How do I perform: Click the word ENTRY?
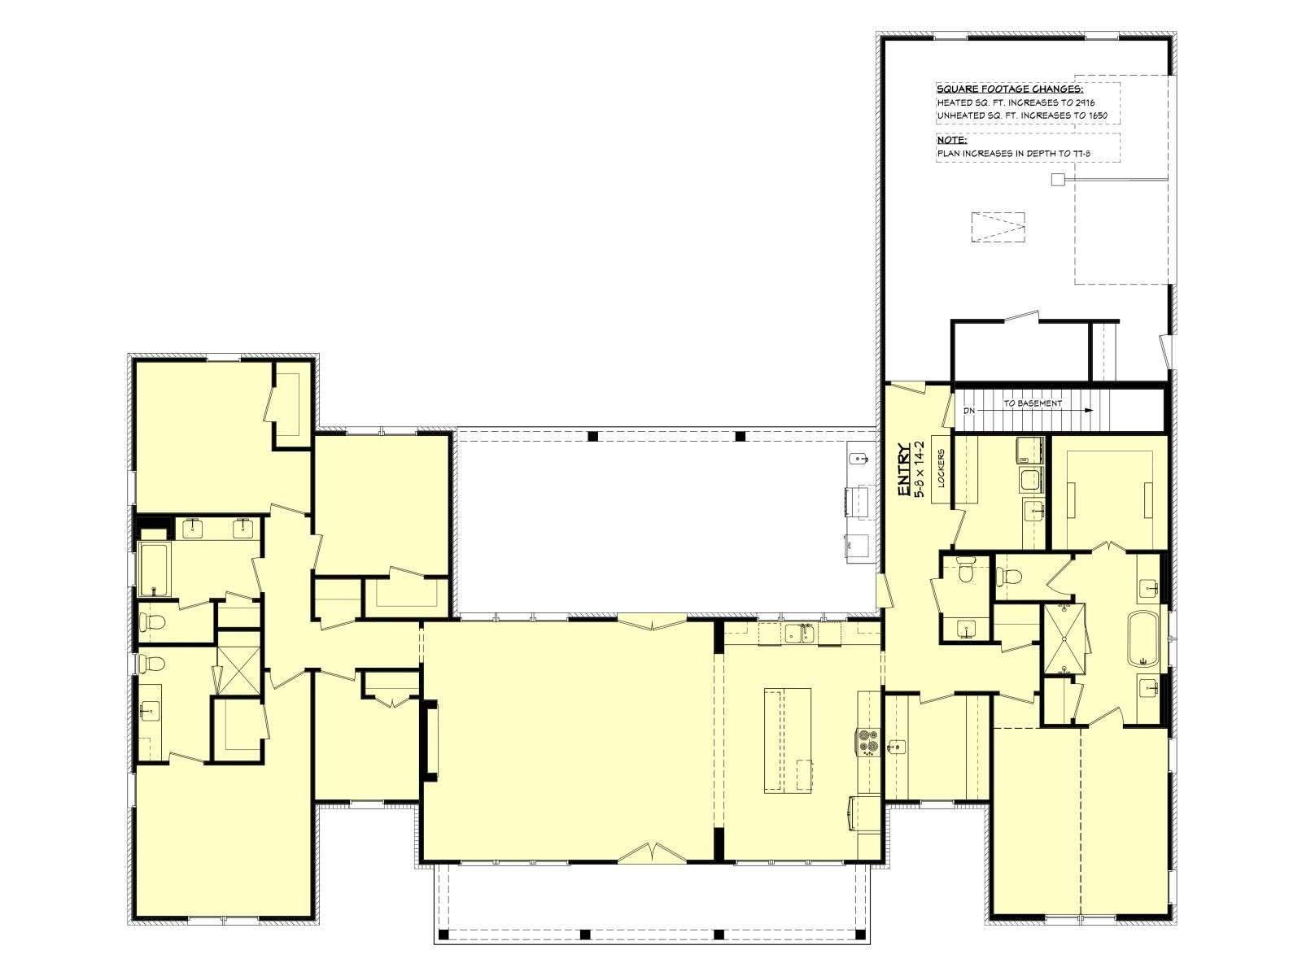(x=903, y=471)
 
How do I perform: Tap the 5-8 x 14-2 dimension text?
(x=920, y=470)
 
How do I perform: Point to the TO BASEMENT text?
(x=1033, y=403)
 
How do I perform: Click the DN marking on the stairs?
(x=968, y=410)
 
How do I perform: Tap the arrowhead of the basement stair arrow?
(x=1088, y=410)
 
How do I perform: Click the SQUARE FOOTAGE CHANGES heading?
(x=1010, y=89)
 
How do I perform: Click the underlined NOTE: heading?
(x=951, y=141)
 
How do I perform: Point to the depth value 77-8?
(x=1081, y=154)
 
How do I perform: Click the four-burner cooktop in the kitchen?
(x=866, y=742)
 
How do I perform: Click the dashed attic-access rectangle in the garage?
(x=998, y=227)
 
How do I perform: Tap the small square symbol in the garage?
(x=1058, y=179)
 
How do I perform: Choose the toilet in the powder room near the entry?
(x=963, y=572)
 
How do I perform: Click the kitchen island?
(x=787, y=740)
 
